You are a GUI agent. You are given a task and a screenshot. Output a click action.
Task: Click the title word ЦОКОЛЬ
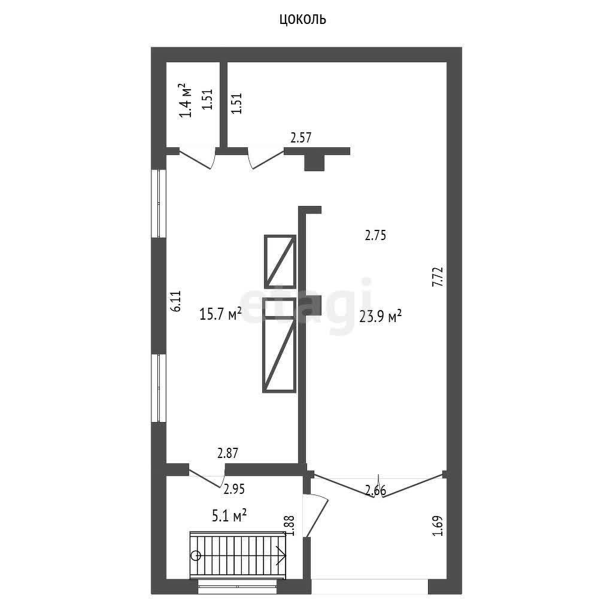pyautogui.click(x=302, y=19)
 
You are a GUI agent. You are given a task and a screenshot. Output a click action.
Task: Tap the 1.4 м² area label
pyautogui.click(x=186, y=101)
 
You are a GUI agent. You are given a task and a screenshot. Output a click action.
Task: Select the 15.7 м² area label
pyautogui.click(x=220, y=314)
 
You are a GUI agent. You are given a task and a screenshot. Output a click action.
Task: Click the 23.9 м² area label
pyautogui.click(x=380, y=316)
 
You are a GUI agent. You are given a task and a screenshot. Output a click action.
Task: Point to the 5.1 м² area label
pyautogui.click(x=229, y=515)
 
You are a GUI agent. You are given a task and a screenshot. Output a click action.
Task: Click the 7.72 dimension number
pyautogui.click(x=438, y=277)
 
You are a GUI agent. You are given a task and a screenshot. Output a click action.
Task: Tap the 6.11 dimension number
pyautogui.click(x=176, y=301)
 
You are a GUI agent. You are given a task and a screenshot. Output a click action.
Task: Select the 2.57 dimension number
pyautogui.click(x=301, y=138)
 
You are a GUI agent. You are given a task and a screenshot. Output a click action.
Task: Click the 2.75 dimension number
pyautogui.click(x=375, y=235)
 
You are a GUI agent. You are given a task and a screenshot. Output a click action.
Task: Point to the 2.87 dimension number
pyautogui.click(x=227, y=453)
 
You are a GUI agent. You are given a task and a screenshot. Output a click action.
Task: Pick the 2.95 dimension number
pyautogui.click(x=234, y=489)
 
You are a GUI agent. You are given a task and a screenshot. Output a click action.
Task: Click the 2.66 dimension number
pyautogui.click(x=375, y=490)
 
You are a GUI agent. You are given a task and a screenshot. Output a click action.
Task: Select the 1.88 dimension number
pyautogui.click(x=290, y=526)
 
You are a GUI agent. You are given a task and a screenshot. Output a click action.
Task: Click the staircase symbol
pyautogui.click(x=238, y=555)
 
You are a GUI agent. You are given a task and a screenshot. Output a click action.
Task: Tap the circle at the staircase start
pyautogui.click(x=196, y=555)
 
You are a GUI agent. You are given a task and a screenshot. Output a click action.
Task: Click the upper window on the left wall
pyautogui.click(x=159, y=204)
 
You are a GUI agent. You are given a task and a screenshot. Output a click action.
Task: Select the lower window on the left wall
pyautogui.click(x=159, y=388)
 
